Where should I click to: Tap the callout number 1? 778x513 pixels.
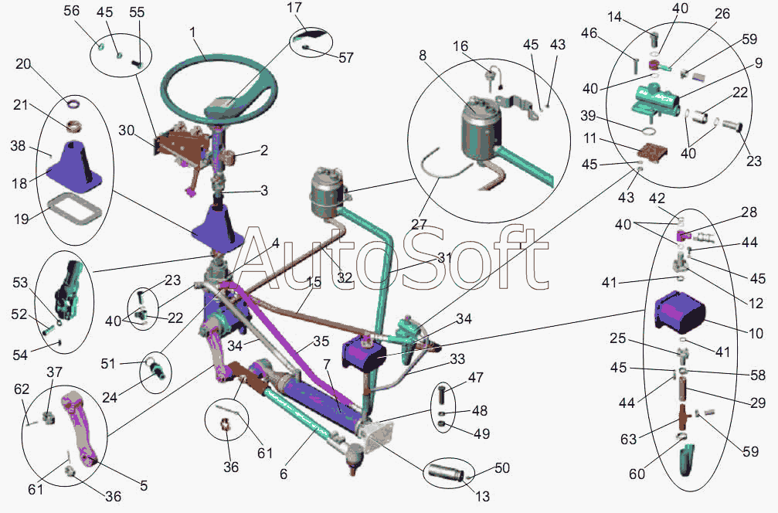click(192, 33)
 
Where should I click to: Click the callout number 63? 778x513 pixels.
click(629, 439)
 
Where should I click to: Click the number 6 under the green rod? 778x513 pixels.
click(284, 474)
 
